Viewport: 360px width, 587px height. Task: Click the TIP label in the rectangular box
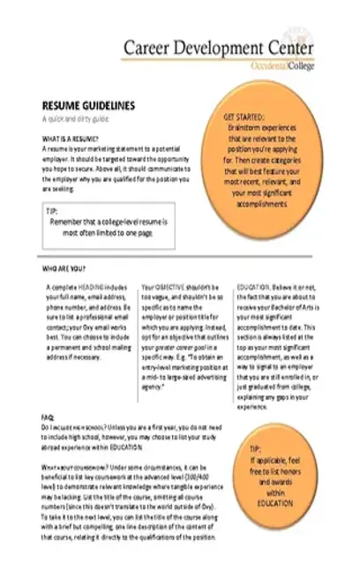point(54,212)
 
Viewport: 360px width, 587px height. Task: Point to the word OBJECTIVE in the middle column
point(175,288)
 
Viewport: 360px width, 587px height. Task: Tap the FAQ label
point(48,416)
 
